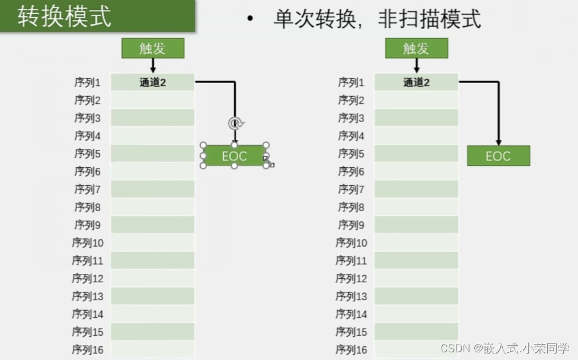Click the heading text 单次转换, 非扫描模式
(x=376, y=20)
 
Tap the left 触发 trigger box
(x=153, y=48)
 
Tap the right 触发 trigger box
(x=416, y=48)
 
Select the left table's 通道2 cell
(x=152, y=82)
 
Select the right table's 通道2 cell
(x=416, y=82)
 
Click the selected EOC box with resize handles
(x=234, y=156)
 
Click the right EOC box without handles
(x=498, y=156)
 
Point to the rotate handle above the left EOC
(x=235, y=123)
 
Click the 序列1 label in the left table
(x=87, y=82)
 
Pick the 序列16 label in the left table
(x=87, y=350)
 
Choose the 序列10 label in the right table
(x=351, y=243)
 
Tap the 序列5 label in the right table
(x=352, y=154)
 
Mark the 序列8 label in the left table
(x=87, y=207)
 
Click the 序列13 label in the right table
(x=351, y=296)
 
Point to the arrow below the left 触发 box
(x=153, y=66)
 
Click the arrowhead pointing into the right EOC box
(x=499, y=142)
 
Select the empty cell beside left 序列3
(x=152, y=118)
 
